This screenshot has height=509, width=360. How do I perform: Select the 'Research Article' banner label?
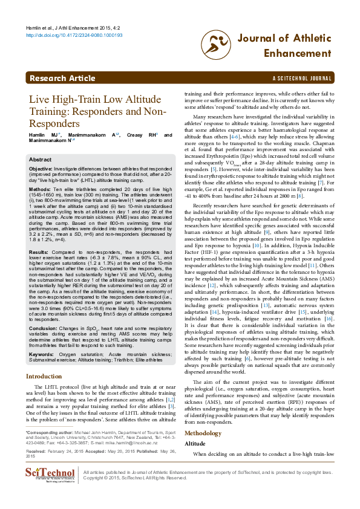click(62, 79)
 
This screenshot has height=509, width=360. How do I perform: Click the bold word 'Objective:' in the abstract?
click(41, 168)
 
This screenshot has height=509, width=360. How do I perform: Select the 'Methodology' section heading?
click(203, 417)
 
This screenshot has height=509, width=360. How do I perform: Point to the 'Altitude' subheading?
click(194, 426)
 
